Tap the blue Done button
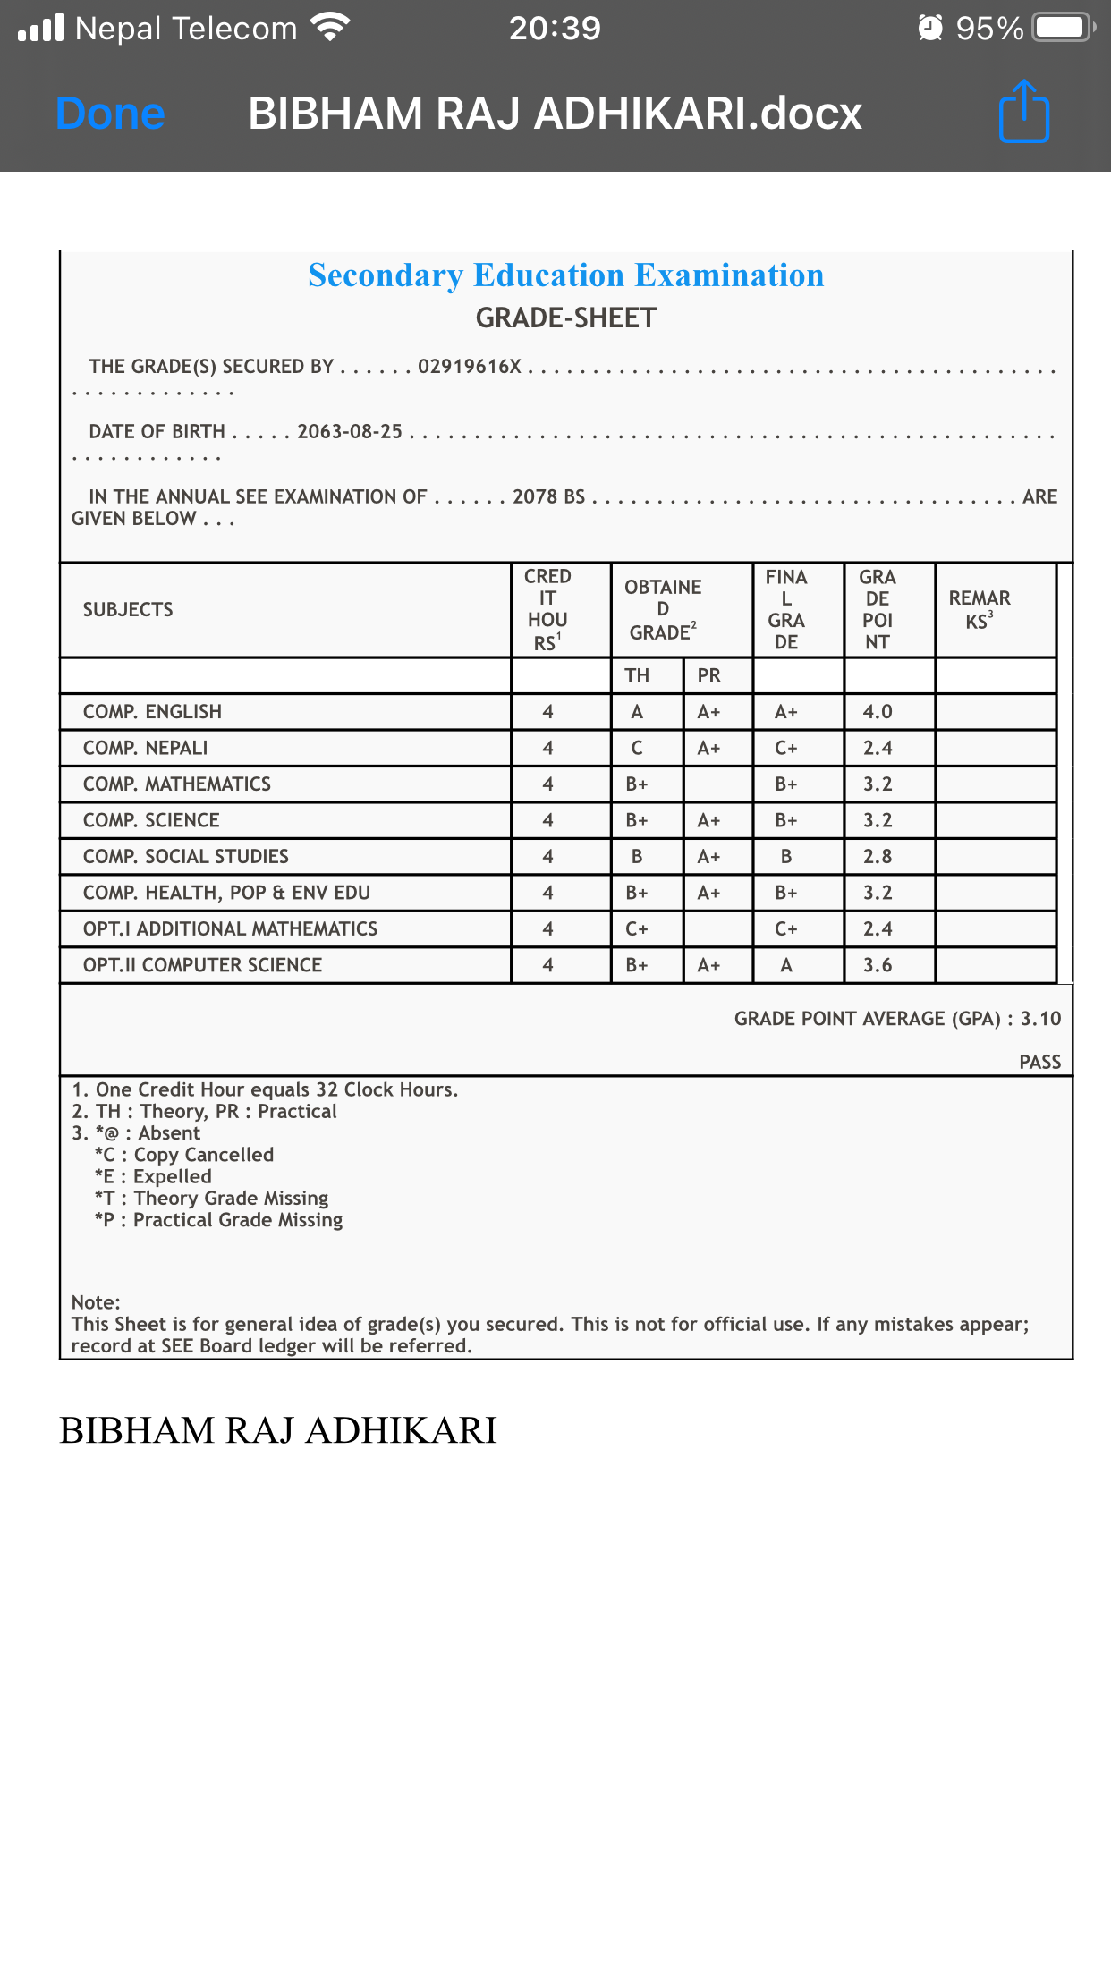tap(110, 114)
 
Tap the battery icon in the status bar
tap(1062, 28)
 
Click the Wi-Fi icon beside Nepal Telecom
tap(330, 28)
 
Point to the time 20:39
tap(555, 28)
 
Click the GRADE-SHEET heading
tap(565, 318)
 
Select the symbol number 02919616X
tap(469, 367)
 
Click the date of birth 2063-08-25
tap(350, 432)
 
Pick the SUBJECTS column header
tap(128, 610)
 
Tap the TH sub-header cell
tap(637, 675)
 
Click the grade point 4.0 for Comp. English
tap(878, 712)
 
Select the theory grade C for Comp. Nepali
tap(637, 748)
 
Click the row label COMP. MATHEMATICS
tap(177, 784)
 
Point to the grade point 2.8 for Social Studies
tap(878, 857)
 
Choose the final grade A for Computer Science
tap(786, 965)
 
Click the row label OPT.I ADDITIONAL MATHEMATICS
tap(231, 929)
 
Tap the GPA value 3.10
tap(1040, 1019)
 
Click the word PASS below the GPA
tap(1039, 1062)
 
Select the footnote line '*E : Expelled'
tap(153, 1177)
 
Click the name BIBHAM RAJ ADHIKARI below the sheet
tap(278, 1430)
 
